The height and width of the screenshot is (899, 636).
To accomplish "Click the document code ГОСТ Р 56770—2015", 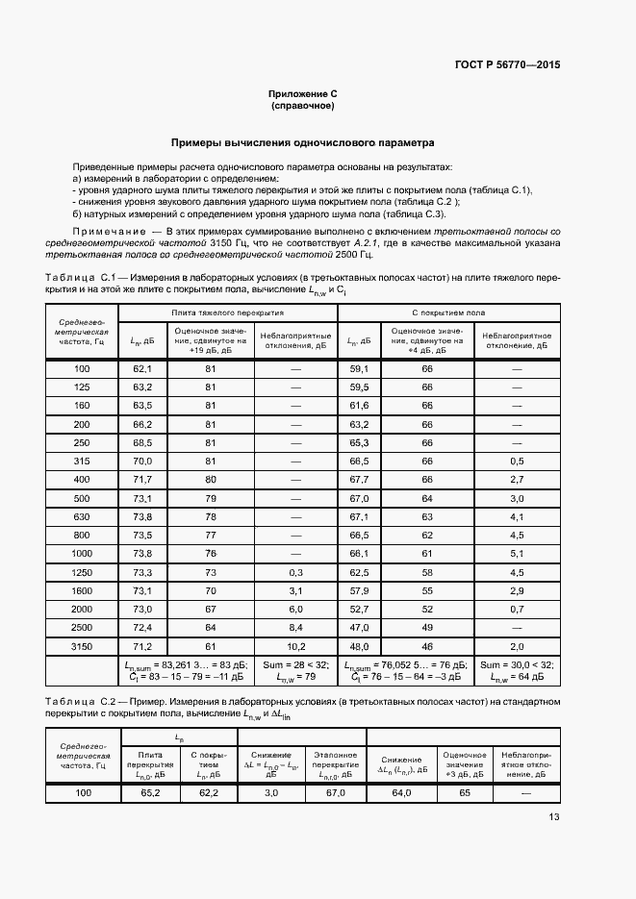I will coord(507,64).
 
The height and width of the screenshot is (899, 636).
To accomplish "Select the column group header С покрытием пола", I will coord(448,313).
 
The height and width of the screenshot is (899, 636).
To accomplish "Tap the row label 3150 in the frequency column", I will coord(82,646).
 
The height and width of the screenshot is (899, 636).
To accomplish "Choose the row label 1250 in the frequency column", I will coord(82,571).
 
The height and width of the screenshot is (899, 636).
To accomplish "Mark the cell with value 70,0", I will coord(142,461).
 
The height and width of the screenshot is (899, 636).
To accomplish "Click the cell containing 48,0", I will coord(360,646).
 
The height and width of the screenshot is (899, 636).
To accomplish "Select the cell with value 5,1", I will coord(516,553).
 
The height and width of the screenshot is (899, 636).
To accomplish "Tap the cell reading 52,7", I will coord(360,609).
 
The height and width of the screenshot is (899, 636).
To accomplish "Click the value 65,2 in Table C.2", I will coord(150,792).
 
